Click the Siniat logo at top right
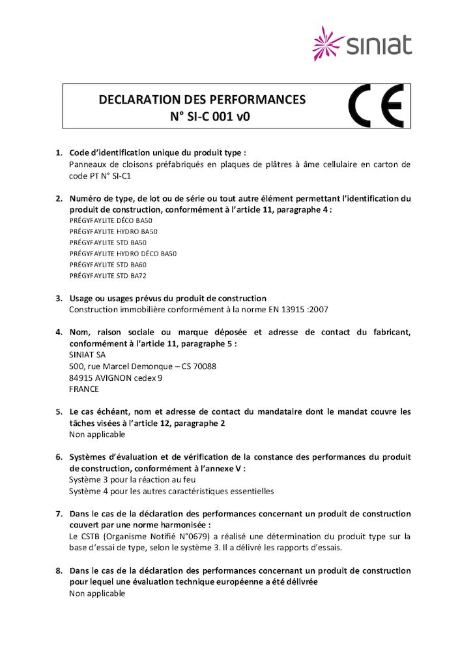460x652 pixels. click(x=362, y=44)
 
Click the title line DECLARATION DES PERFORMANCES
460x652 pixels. click(x=202, y=100)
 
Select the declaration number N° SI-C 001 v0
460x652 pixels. click(x=202, y=117)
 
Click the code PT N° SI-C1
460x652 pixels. click(x=101, y=176)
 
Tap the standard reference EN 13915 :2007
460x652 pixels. click(x=300, y=309)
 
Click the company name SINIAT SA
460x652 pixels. click(x=87, y=355)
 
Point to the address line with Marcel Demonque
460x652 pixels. click(x=143, y=366)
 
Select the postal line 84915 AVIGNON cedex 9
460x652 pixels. click(x=116, y=378)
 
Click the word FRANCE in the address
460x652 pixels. click(x=84, y=389)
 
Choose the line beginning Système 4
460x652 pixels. click(x=171, y=491)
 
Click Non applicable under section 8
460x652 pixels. click(x=97, y=593)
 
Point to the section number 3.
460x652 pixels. click(x=59, y=298)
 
